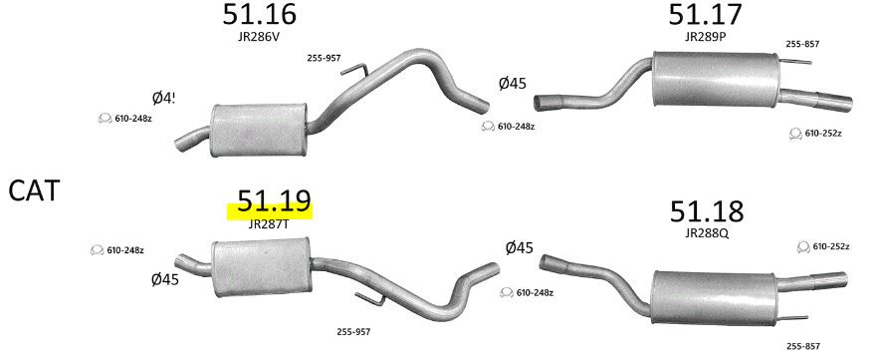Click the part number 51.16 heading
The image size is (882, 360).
259,14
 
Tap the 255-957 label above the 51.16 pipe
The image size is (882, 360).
324,58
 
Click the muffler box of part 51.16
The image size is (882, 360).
258,131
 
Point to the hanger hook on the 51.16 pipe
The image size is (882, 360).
355,70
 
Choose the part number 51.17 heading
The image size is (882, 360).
705,14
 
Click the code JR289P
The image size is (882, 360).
706,37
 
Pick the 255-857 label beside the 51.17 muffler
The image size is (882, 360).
802,44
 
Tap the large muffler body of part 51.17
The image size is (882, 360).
715,79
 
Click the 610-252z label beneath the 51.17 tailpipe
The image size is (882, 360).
823,134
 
